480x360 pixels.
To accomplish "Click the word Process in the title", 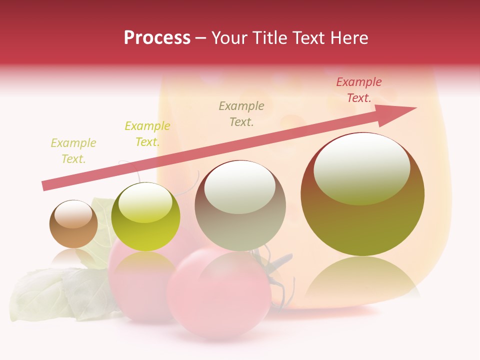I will point(157,38).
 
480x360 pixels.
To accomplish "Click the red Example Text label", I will point(358,90).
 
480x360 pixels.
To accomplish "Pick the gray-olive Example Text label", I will point(241,113).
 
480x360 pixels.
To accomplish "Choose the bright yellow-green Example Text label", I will point(147,133).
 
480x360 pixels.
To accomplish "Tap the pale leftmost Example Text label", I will point(73,150).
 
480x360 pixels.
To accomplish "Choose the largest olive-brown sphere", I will point(362,220).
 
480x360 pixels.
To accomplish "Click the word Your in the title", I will point(231,38).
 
